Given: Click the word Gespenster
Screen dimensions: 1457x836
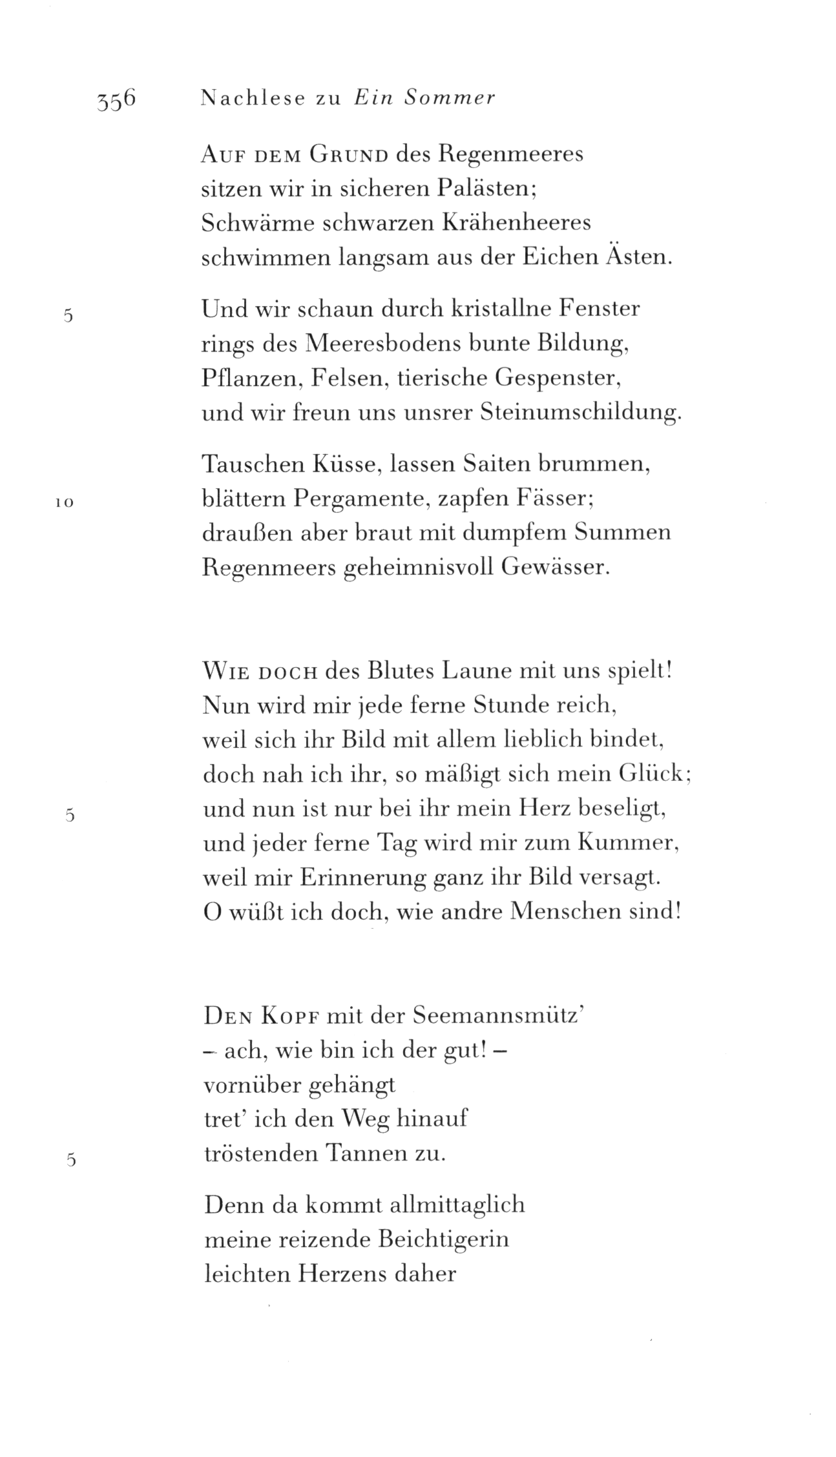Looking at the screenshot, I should [x=558, y=378].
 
